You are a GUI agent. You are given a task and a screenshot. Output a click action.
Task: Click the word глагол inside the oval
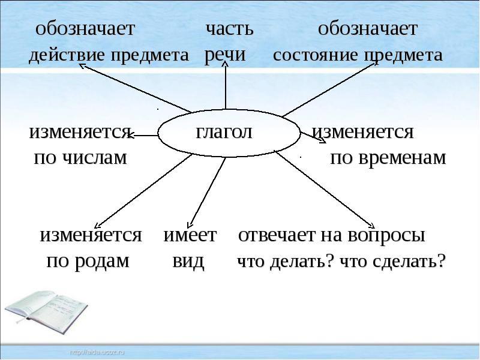click(x=224, y=133)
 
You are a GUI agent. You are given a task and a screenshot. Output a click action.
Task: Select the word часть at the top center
click(x=230, y=29)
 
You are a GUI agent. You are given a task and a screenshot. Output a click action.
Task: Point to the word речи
click(x=224, y=55)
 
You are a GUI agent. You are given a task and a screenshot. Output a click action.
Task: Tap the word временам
click(x=401, y=158)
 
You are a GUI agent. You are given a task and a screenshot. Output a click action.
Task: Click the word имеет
click(x=190, y=235)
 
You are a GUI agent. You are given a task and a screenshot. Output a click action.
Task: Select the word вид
click(x=188, y=261)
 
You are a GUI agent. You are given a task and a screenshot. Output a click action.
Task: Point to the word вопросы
click(x=386, y=235)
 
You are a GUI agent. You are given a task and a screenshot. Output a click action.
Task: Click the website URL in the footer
click(x=97, y=352)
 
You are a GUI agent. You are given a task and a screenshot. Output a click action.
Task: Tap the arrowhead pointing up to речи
click(x=226, y=63)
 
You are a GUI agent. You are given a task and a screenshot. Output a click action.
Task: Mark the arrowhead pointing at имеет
click(x=189, y=226)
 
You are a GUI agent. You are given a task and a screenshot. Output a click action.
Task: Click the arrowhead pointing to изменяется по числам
click(x=130, y=135)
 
